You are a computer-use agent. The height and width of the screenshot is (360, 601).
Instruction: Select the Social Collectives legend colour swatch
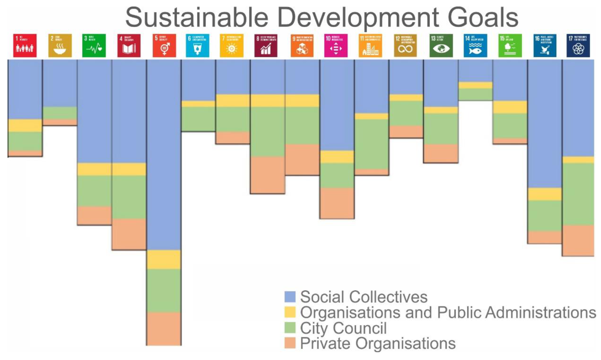coord(290,297)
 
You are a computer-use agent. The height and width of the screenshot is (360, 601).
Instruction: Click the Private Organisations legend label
coord(378,343)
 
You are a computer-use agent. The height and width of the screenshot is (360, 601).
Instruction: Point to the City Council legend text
coord(343,328)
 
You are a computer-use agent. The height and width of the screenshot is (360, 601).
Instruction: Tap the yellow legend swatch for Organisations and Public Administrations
coord(290,312)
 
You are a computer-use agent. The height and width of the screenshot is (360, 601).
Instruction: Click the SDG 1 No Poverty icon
coord(25,46)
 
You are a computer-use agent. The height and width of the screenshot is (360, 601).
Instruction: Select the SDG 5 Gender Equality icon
coord(164,46)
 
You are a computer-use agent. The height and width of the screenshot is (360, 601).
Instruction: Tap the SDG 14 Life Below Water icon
coord(475,46)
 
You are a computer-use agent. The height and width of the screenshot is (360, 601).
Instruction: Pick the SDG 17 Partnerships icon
coord(578,46)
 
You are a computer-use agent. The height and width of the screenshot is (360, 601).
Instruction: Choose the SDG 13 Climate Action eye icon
coord(441,46)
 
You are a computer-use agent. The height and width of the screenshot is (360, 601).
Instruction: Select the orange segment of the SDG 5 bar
coord(163,328)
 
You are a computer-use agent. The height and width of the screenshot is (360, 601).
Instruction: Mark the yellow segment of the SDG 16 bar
coord(545,194)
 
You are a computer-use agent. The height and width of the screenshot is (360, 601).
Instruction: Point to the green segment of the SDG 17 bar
coord(578,194)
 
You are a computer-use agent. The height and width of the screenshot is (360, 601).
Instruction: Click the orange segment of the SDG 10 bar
coord(337,203)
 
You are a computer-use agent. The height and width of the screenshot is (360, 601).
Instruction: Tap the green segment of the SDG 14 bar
coord(475,95)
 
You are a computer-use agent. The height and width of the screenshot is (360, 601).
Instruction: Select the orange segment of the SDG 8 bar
coord(268,175)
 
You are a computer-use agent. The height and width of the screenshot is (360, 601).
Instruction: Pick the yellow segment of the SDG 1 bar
coord(25,125)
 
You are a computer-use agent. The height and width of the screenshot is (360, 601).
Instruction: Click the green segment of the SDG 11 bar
coord(372,144)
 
